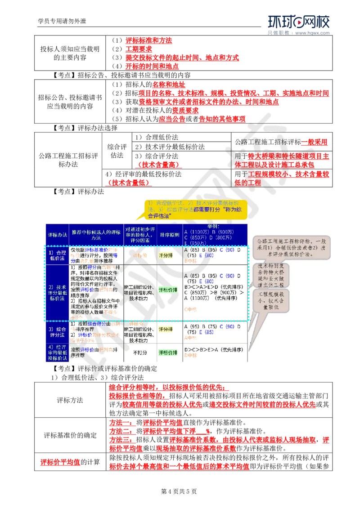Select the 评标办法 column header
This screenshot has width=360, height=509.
point(57,234)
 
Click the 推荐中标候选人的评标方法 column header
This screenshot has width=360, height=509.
point(96,234)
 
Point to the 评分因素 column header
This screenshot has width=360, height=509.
point(139,234)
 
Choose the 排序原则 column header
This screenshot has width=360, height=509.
point(169,234)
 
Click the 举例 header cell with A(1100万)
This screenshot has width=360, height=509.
point(215,234)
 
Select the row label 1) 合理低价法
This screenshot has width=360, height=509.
point(57,255)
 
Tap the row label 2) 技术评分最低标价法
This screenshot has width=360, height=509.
point(57,293)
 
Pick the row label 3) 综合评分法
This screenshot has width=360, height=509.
point(57,332)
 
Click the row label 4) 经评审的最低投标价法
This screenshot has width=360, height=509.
point(57,353)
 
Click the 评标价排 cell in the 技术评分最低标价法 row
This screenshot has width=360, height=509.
point(169,290)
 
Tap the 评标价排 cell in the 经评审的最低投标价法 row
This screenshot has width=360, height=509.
point(169,353)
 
